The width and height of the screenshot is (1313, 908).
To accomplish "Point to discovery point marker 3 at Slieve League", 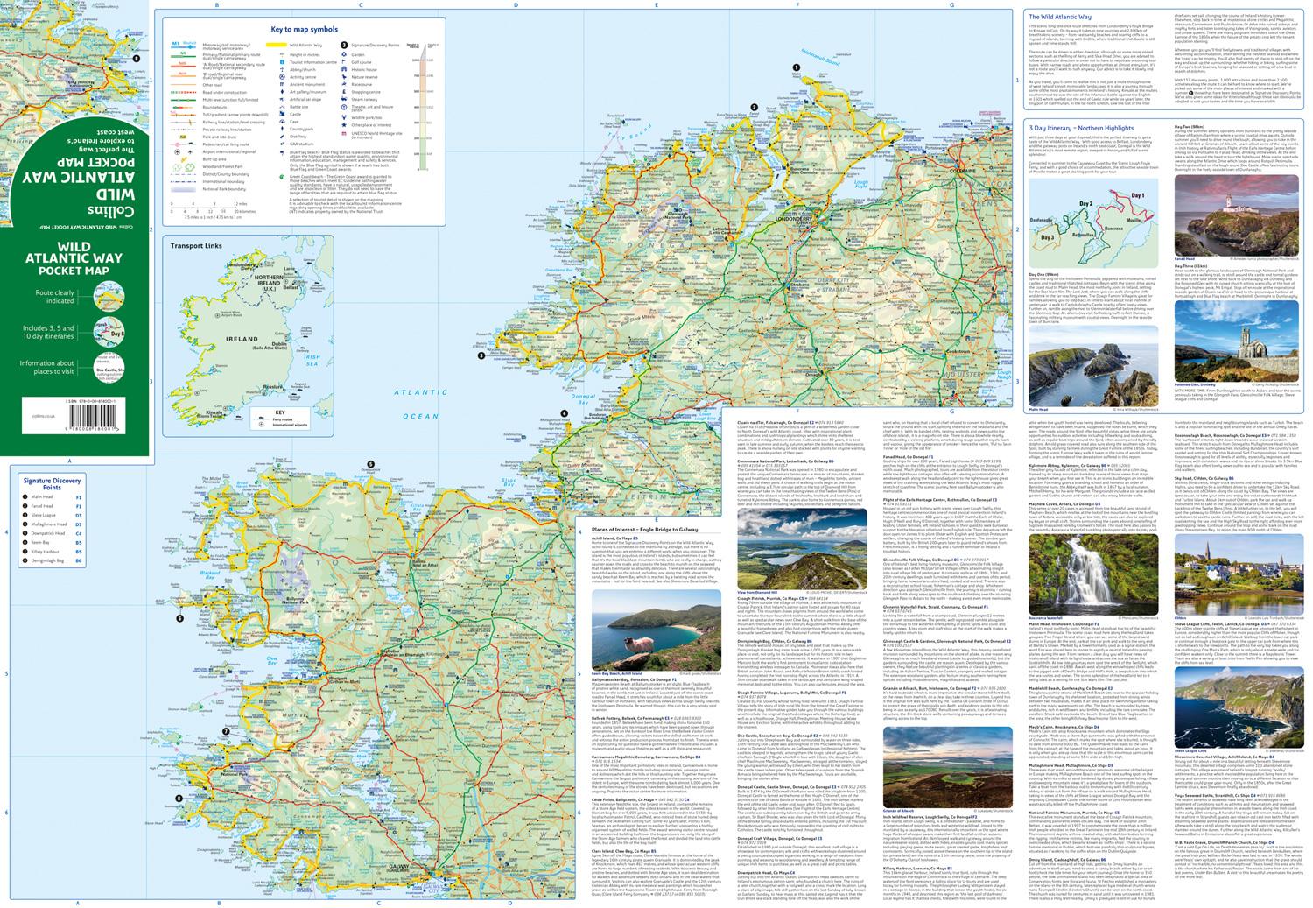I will tap(480, 355).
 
